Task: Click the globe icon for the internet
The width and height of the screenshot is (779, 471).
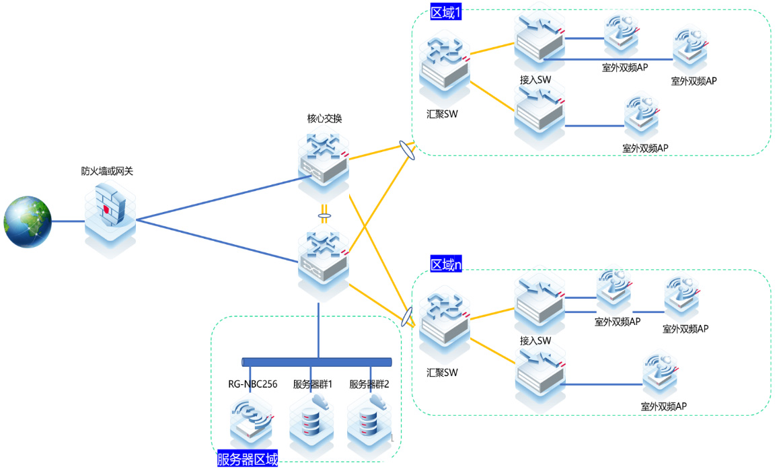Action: click(x=28, y=221)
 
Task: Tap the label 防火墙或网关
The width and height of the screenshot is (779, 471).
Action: click(x=108, y=172)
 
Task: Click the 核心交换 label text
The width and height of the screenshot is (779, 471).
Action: click(x=325, y=119)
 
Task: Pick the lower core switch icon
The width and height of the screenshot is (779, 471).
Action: click(x=324, y=259)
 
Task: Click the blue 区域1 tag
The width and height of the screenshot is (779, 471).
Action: click(x=446, y=13)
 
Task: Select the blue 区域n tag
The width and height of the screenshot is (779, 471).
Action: click(x=446, y=264)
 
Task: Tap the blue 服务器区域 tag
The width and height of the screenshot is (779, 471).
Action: click(x=248, y=460)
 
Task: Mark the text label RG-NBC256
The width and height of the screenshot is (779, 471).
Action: click(x=252, y=385)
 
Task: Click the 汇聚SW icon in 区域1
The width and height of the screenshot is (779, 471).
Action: click(x=443, y=70)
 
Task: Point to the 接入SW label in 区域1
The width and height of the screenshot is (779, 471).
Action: click(x=535, y=80)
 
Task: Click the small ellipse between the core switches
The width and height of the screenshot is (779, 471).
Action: click(x=324, y=217)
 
